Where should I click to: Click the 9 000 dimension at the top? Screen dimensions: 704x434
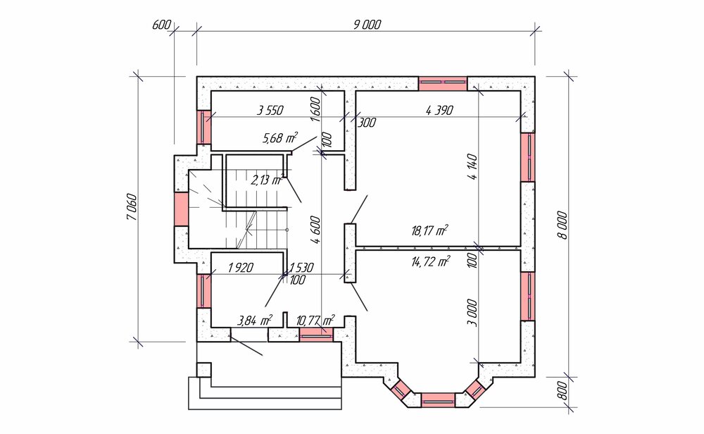(x=367, y=24)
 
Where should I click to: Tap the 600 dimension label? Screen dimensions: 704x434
(x=162, y=25)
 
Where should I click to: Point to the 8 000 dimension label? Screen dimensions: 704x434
(x=564, y=225)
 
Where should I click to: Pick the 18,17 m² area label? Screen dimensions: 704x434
(x=429, y=231)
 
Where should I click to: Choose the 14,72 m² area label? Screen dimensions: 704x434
(x=431, y=261)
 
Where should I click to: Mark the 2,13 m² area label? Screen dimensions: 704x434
(x=267, y=180)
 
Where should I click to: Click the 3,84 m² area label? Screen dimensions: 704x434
(x=255, y=321)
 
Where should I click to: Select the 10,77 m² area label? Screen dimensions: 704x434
(x=315, y=321)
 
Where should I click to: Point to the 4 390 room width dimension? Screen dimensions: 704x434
(x=439, y=110)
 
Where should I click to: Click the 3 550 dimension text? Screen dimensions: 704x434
(x=270, y=110)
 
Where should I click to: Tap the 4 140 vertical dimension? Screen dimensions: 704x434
(x=473, y=167)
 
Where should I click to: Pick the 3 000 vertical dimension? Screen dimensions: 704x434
(x=473, y=313)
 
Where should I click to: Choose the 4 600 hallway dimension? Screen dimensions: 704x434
(x=317, y=230)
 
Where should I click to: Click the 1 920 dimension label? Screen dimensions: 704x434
(x=241, y=268)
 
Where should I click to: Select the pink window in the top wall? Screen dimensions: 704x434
(x=443, y=84)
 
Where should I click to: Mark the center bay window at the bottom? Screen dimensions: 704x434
(x=438, y=399)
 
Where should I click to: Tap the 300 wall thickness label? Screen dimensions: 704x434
(x=367, y=122)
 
